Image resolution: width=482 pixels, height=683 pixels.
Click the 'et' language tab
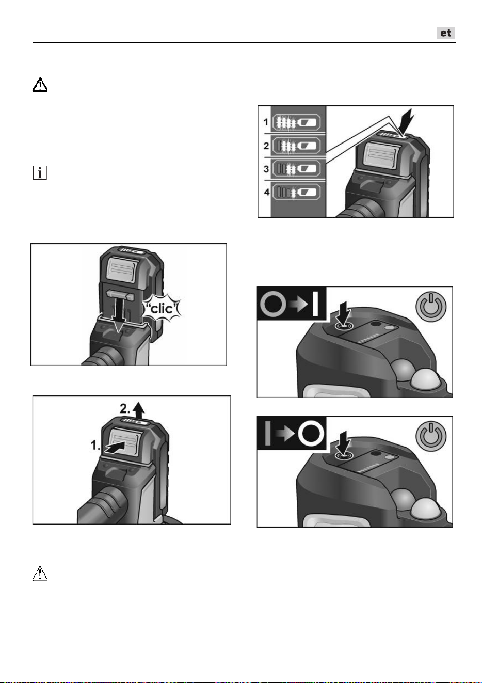point(446,33)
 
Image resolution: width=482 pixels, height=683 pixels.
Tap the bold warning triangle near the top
point(40,85)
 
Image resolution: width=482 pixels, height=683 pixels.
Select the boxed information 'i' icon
point(40,172)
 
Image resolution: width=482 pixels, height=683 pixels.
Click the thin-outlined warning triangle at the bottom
point(40,573)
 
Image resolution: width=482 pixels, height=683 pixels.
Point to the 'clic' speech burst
point(162,309)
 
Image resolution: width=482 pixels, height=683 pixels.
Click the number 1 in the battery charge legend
point(266,122)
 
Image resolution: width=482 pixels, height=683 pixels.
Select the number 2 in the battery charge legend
point(266,146)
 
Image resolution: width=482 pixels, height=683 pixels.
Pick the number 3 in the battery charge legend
point(266,169)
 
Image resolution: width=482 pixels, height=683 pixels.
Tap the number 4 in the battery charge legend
point(267,193)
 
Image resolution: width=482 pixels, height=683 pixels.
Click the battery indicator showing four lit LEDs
point(296,122)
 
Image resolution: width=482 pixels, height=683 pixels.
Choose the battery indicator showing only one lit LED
point(296,192)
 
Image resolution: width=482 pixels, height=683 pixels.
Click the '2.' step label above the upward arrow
point(125,408)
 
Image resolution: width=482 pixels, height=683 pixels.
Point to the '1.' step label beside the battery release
point(95,446)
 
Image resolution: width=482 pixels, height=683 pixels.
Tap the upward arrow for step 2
point(139,410)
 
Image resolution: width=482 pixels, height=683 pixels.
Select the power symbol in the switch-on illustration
point(431,306)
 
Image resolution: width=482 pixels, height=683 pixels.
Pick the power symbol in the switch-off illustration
point(431,435)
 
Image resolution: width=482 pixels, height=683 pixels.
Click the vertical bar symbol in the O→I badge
point(315,304)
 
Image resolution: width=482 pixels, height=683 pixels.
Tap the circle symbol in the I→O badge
point(310,434)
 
